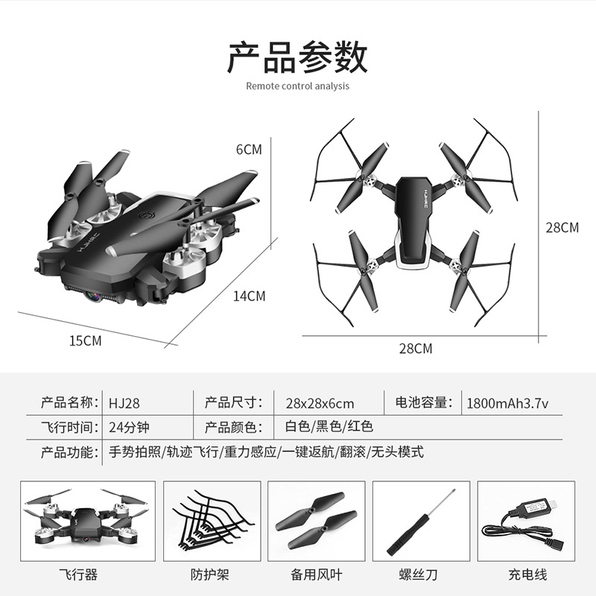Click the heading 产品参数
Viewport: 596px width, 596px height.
pyautogui.click(x=297, y=58)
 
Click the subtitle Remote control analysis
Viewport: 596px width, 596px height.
pyautogui.click(x=297, y=86)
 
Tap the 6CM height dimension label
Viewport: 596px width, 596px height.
pyautogui.click(x=249, y=150)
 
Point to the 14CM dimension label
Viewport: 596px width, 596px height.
pyautogui.click(x=249, y=296)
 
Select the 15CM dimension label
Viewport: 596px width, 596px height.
pyautogui.click(x=86, y=340)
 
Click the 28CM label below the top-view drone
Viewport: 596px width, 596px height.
pyautogui.click(x=416, y=349)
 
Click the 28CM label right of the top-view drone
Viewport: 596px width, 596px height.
pyautogui.click(x=562, y=228)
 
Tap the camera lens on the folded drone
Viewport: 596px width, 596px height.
pyautogui.click(x=92, y=295)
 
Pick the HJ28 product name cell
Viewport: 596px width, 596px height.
pyautogui.click(x=124, y=403)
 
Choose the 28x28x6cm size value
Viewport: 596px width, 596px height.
pyautogui.click(x=320, y=403)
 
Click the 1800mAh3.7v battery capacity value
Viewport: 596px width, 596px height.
pyautogui.click(x=507, y=403)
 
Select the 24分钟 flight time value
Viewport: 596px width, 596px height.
pyautogui.click(x=129, y=428)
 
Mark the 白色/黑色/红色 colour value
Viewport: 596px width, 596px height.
pyautogui.click(x=329, y=426)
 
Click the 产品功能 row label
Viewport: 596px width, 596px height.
pyautogui.click(x=69, y=452)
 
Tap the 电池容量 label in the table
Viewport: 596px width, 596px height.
pyautogui.click(x=423, y=402)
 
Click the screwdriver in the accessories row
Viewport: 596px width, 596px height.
pyautogui.click(x=421, y=521)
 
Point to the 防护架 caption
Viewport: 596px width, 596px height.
pyautogui.click(x=210, y=574)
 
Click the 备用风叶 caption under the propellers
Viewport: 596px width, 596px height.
pyautogui.click(x=316, y=574)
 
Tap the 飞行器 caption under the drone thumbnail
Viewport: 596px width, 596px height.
pyautogui.click(x=78, y=574)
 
